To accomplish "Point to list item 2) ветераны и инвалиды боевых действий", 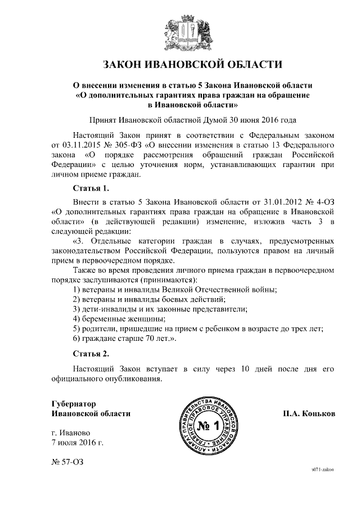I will point(149,299).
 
